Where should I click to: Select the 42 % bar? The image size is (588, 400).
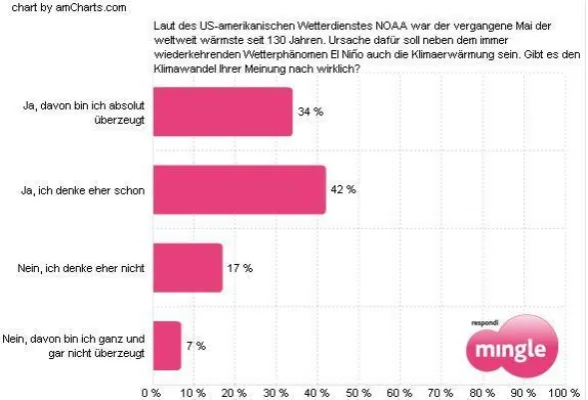239,189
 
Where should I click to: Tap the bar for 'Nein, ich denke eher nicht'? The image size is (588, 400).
187,268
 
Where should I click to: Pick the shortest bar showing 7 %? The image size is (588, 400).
166,346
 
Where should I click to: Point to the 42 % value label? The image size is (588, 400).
344,190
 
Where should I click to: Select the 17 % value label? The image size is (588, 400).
241,268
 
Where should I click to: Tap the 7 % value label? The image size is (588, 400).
196,346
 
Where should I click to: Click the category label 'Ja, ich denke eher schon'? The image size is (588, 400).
91,190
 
